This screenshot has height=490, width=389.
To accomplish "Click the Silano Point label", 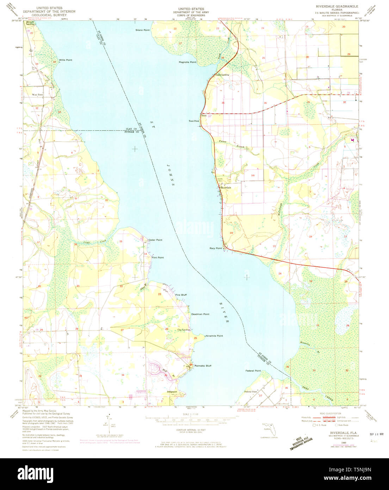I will pyautogui.click(x=142, y=30).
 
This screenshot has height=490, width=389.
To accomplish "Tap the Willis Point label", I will pyautogui.click(x=66, y=60).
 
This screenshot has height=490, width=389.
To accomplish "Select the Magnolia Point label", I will pyautogui.click(x=187, y=62).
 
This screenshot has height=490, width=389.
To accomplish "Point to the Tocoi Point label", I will pyautogui.click(x=194, y=121).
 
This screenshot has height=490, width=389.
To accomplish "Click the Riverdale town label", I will pyautogui.click(x=226, y=188).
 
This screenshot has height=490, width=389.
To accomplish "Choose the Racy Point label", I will pyautogui.click(x=216, y=248).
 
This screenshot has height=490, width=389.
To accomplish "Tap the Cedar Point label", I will pyautogui.click(x=155, y=240).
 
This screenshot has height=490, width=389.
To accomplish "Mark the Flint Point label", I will pyautogui.click(x=158, y=258).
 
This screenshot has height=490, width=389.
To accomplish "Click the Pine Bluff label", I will pyautogui.click(x=181, y=295).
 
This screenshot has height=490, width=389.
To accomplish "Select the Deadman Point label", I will pyautogui.click(x=200, y=314).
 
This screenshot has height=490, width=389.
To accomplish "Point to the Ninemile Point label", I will pyautogui.click(x=214, y=336).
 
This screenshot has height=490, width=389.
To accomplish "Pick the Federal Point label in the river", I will pyautogui.click(x=253, y=371).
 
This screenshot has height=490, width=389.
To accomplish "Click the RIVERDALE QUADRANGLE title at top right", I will pyautogui.click(x=337, y=6).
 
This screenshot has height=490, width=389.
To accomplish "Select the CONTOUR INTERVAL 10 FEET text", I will pyautogui.click(x=191, y=430).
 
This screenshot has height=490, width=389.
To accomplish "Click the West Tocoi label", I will pyautogui.click(x=38, y=95).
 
